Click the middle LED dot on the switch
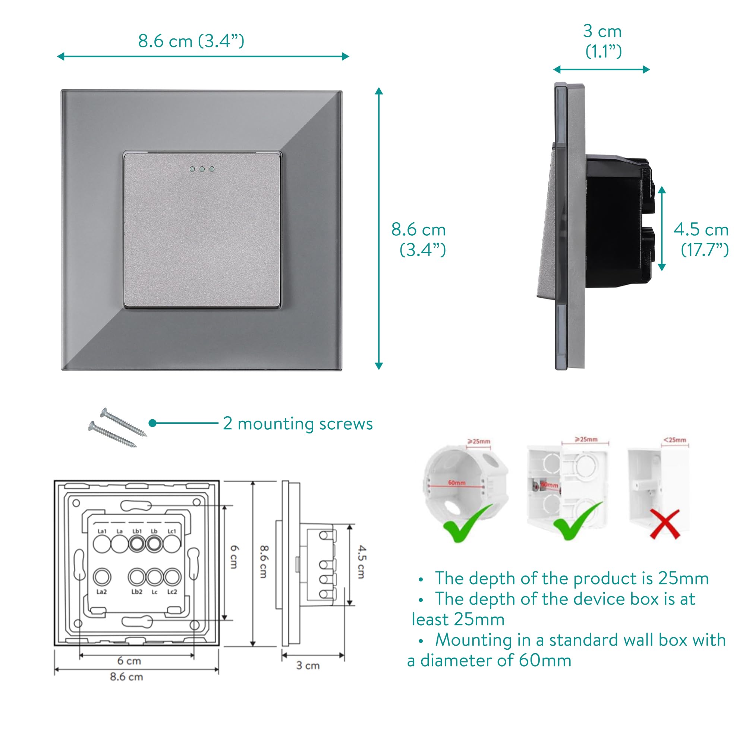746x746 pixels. pyautogui.click(x=202, y=169)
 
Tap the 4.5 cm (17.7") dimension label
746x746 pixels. pyautogui.click(x=701, y=239)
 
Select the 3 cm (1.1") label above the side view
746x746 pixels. pyautogui.click(x=603, y=41)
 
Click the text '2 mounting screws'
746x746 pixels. pyautogui.click(x=298, y=423)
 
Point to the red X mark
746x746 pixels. pyautogui.click(x=664, y=524)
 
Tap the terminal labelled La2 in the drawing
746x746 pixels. pyautogui.click(x=102, y=577)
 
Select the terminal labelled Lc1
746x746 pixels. pyautogui.click(x=172, y=543)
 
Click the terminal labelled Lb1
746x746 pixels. pyautogui.click(x=137, y=543)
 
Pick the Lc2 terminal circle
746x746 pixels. pyautogui.click(x=172, y=577)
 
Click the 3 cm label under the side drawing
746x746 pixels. pyautogui.click(x=308, y=665)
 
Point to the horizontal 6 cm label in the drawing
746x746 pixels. pyautogui.click(x=129, y=661)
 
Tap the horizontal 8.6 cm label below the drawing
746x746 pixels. pyautogui.click(x=126, y=677)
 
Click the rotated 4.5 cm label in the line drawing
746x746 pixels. pyautogui.click(x=361, y=562)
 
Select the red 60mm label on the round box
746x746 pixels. pyautogui.click(x=457, y=483)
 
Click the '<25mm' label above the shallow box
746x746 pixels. pyautogui.click(x=674, y=440)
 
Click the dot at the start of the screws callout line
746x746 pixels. pyautogui.click(x=152, y=423)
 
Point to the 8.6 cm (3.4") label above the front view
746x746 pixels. pyautogui.click(x=191, y=41)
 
